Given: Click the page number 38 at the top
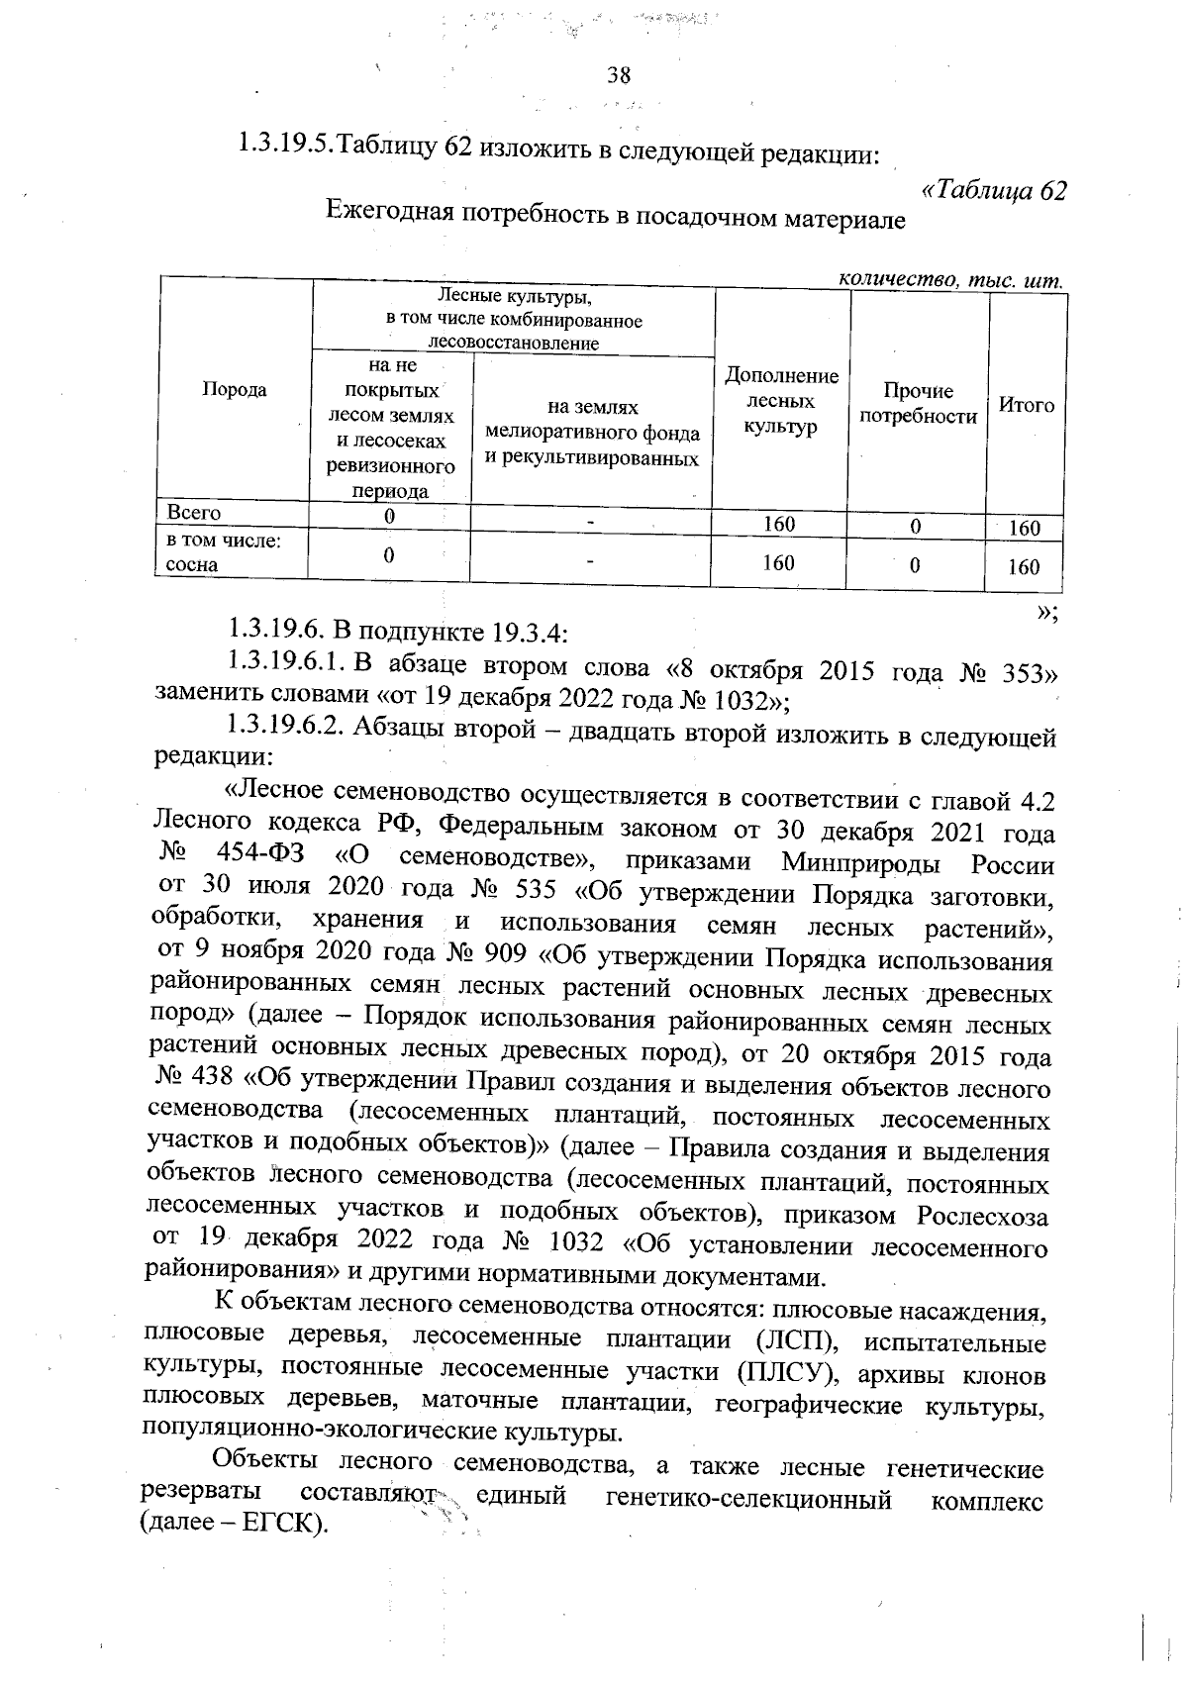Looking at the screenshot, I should point(619,76).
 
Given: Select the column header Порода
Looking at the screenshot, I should point(235,389).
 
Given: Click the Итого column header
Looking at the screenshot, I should point(1027,404).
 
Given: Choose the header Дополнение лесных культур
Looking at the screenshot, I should point(781,401).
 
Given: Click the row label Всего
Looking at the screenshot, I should point(194,512).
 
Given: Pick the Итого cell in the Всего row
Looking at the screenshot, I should point(1024,529).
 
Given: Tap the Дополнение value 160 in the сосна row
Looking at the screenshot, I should point(778,563).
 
